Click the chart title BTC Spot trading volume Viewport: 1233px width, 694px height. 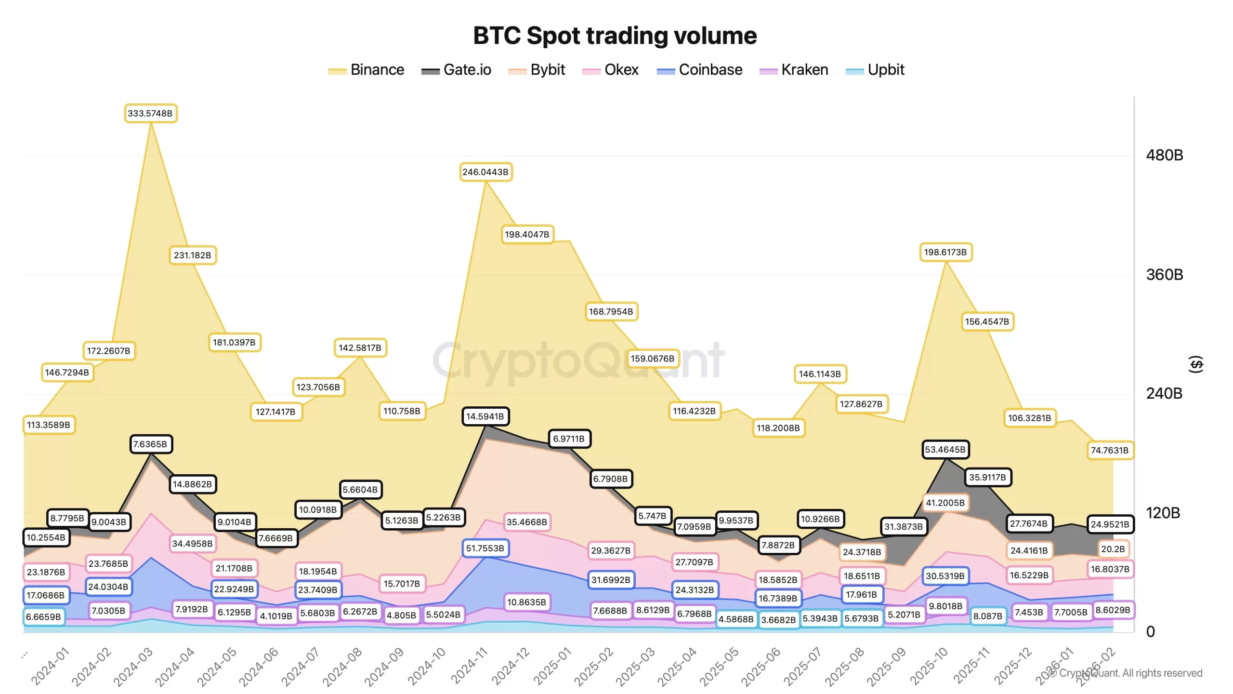point(615,36)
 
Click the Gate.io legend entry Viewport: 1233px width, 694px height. point(456,70)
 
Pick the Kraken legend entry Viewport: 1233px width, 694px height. point(794,70)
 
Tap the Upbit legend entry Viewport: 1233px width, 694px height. point(875,70)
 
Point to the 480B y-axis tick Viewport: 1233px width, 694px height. point(1164,155)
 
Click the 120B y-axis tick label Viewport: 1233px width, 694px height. point(1163,513)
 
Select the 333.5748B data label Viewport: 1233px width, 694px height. point(150,113)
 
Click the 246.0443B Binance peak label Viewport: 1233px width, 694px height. point(485,172)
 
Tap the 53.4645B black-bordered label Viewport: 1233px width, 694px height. point(945,450)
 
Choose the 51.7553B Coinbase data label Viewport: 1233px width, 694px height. point(485,548)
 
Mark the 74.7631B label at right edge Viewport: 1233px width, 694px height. point(1110,451)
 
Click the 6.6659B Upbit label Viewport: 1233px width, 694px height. point(43,617)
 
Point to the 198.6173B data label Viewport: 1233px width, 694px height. point(945,252)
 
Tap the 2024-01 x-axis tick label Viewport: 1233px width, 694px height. point(50,667)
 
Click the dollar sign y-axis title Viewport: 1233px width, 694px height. point(1196,364)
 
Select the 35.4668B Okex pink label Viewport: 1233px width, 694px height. point(527,522)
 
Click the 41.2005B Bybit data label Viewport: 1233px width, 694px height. point(945,503)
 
